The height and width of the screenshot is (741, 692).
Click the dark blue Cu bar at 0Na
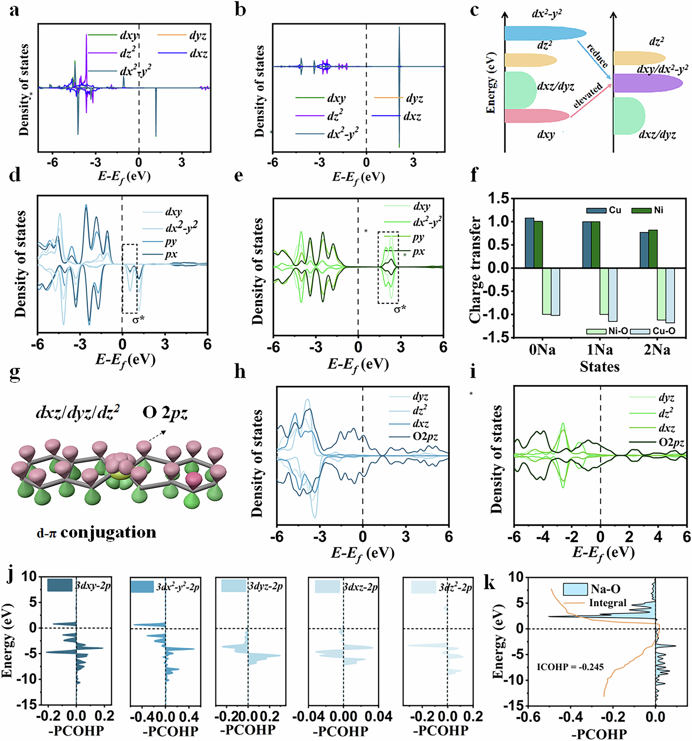click(529, 243)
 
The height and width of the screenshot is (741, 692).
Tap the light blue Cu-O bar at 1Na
click(612, 294)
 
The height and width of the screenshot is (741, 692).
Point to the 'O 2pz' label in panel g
click(165, 413)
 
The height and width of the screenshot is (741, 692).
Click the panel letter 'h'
click(240, 372)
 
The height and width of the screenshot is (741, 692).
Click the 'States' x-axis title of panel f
click(599, 366)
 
